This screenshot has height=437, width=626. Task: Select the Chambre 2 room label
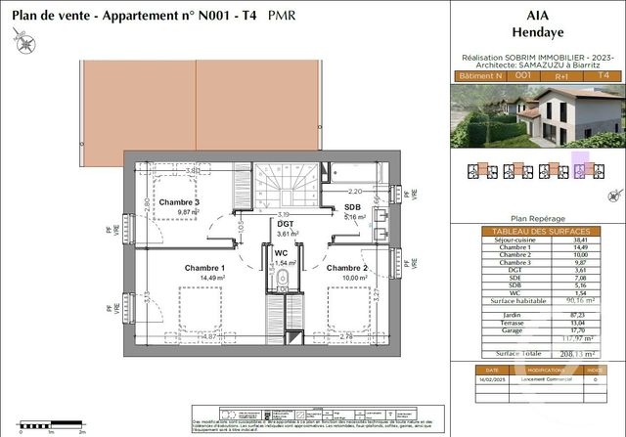[347, 268]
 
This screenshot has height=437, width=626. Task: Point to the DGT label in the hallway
[287, 223]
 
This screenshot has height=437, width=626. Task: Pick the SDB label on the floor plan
[353, 207]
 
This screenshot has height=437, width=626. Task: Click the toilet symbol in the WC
[282, 284]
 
